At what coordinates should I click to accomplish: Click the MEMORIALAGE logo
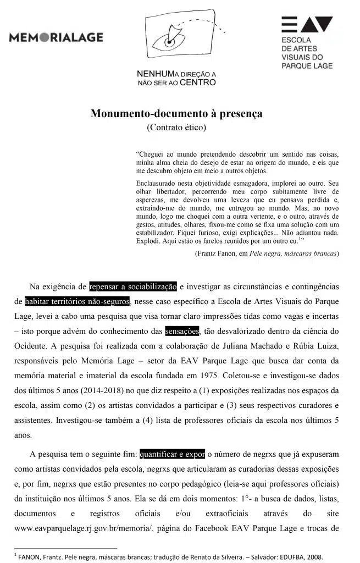[56, 37]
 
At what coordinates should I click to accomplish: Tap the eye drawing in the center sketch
[168, 40]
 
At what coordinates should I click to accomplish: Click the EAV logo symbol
[307, 25]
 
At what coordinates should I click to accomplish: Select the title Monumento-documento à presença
[176, 114]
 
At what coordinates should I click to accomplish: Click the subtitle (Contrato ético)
[176, 128]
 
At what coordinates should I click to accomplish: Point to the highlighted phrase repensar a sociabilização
[132, 286]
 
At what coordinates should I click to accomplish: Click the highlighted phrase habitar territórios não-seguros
[77, 301]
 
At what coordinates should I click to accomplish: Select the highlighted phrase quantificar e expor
[172, 454]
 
